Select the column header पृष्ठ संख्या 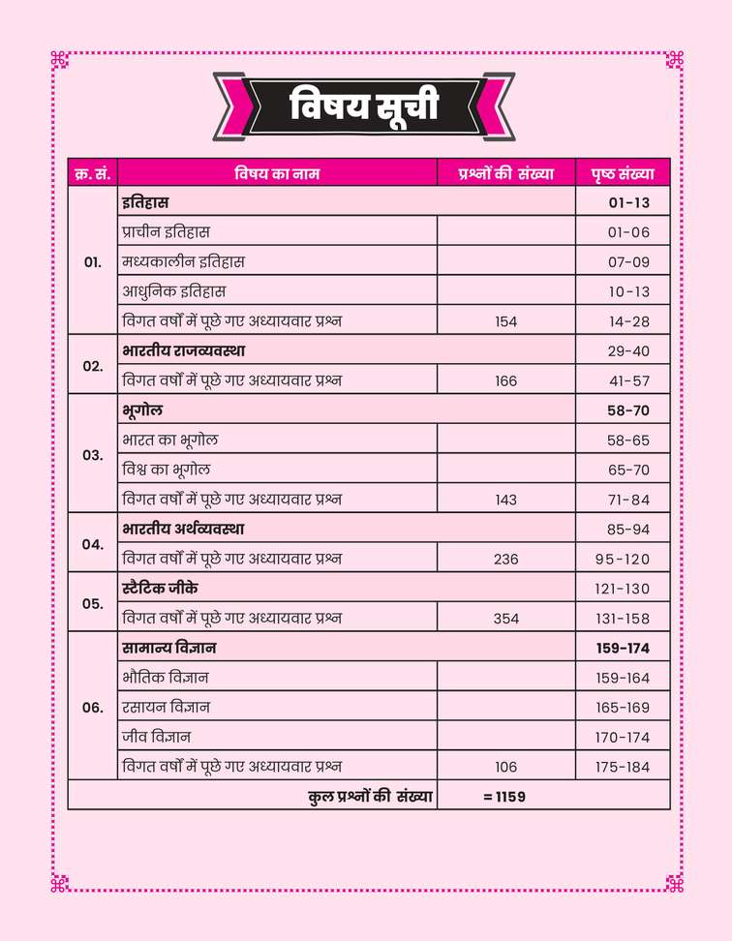623,174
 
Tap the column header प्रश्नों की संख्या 506,174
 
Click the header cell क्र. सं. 93,174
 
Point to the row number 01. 93,262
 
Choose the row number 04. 93,544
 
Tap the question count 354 506,619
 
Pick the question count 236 506,559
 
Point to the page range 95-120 623,559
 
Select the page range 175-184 623,767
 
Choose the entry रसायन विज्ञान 166,708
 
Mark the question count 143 506,500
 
